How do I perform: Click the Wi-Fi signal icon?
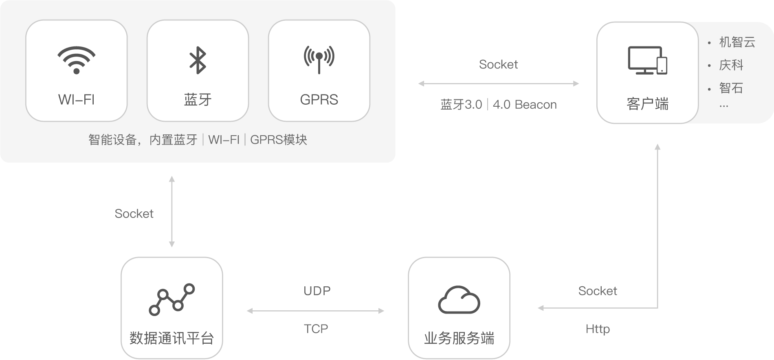[x=77, y=60]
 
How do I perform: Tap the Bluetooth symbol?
[x=198, y=60]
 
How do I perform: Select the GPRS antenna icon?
[x=319, y=59]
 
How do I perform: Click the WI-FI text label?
[x=77, y=99]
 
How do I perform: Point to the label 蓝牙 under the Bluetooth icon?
[x=198, y=99]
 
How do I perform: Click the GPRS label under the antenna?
[x=319, y=99]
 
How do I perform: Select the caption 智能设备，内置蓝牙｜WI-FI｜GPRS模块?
[x=198, y=140]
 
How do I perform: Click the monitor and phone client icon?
[x=647, y=60]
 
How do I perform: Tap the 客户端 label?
[x=647, y=104]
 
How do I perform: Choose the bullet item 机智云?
[x=737, y=42]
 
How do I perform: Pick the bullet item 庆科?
[x=731, y=65]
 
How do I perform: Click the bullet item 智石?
[x=731, y=88]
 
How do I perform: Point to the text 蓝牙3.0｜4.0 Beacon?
[x=498, y=105]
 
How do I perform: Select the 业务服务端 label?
[x=459, y=338]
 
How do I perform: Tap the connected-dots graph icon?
[x=172, y=299]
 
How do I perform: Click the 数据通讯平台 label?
[x=172, y=338]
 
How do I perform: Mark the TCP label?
[x=316, y=329]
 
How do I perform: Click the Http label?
[x=598, y=329]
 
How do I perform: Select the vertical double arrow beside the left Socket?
[x=172, y=212]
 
